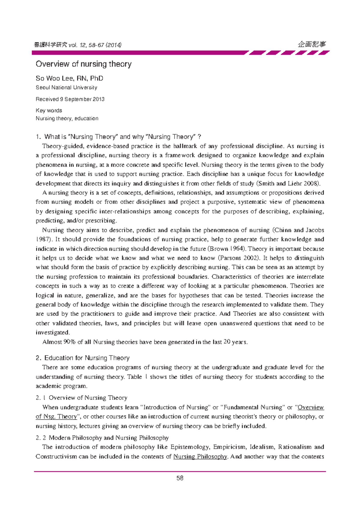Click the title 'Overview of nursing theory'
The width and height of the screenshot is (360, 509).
(83, 64)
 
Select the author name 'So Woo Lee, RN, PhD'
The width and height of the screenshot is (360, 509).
(69, 78)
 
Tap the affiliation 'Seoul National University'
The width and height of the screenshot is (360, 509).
(66, 88)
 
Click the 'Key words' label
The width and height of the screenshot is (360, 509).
(49, 110)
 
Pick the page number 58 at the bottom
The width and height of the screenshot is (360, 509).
(180, 478)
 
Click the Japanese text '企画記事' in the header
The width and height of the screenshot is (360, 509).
(312, 44)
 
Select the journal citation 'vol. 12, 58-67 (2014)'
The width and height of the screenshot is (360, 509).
(95, 45)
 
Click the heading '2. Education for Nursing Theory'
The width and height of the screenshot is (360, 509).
(82, 358)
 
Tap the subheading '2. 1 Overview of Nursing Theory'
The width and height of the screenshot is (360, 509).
(81, 398)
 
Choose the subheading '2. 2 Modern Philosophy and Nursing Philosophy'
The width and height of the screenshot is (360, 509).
(102, 438)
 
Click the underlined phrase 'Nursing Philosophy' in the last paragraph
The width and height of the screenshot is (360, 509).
(200, 457)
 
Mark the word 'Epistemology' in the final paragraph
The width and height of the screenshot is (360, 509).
(190, 447)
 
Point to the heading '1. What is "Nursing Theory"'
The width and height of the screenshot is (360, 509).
(80, 137)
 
